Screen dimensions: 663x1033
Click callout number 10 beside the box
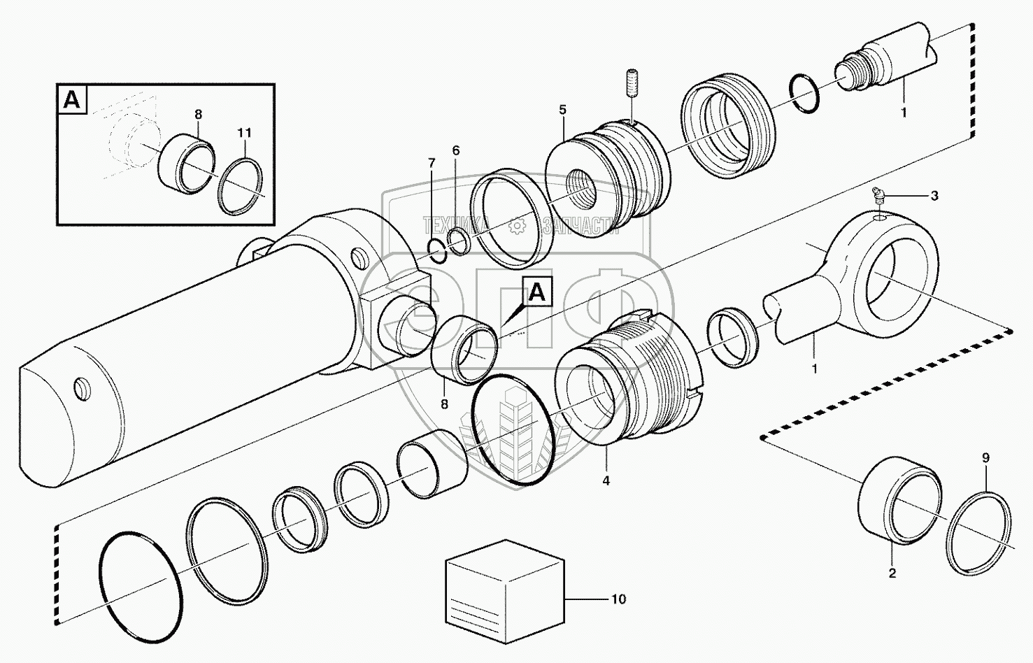pos(618,599)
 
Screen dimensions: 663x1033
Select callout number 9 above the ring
pos(985,459)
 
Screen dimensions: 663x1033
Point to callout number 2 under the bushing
pos(892,574)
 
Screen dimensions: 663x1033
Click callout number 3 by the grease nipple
pos(934,196)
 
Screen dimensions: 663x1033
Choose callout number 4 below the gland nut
pos(606,481)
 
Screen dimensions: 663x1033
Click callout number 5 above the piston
pos(562,110)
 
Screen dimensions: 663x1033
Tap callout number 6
pos(456,150)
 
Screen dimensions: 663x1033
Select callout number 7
pos(432,163)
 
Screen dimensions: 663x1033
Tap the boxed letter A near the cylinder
pos(536,293)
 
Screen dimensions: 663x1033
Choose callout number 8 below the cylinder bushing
pos(444,404)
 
